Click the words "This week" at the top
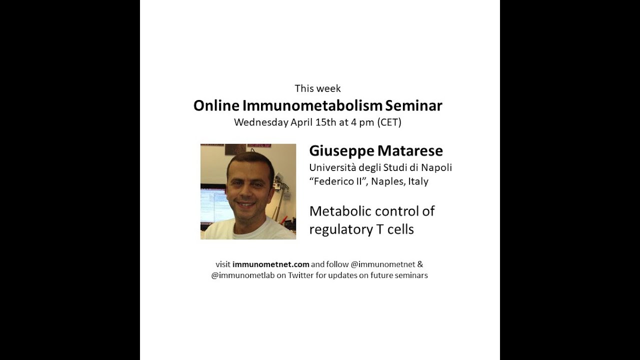coord(317,88)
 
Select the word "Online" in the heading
coord(216,105)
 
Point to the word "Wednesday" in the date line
coord(261,122)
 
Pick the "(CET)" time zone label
coord(389,122)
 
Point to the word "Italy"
coord(418,181)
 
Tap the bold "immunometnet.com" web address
coord(270,264)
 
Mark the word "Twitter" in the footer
coord(301,275)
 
